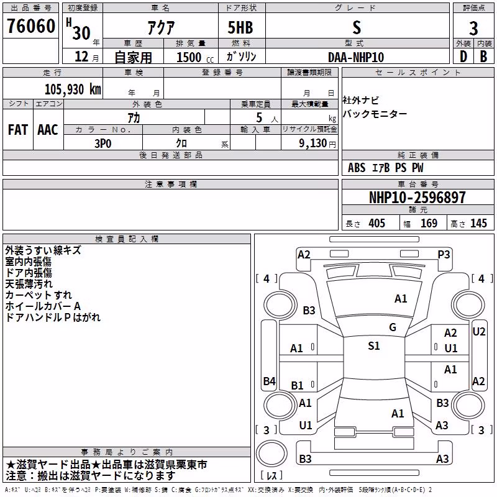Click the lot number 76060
[31, 26]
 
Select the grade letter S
[357, 27]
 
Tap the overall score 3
[473, 29]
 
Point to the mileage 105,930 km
[73, 89]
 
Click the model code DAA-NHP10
[355, 57]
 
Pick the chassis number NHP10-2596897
[417, 198]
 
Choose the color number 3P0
[103, 144]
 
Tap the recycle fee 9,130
[313, 144]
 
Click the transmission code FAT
[18, 130]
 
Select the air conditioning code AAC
[48, 130]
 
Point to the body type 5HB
[240, 27]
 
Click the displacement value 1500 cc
[195, 58]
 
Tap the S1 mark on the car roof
[374, 346]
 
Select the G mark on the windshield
[393, 327]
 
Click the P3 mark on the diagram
[444, 255]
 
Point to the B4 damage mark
[270, 381]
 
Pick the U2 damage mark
[478, 332]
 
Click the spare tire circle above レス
[271, 454]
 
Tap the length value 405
[377, 224]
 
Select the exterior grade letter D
[463, 57]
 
